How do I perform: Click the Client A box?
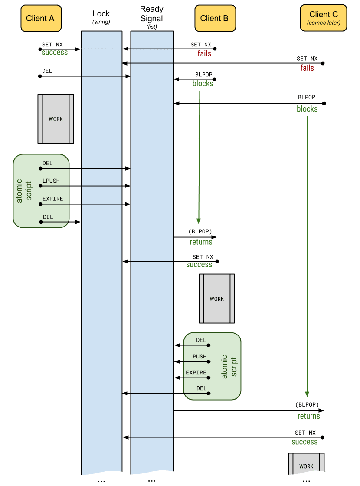coord(40,18)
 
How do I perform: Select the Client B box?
coord(215,18)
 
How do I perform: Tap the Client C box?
coord(323,18)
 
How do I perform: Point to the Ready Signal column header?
coord(152,17)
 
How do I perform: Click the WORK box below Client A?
coord(56,119)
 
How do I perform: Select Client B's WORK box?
coord(216,299)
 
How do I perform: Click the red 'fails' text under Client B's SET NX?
coord(205,53)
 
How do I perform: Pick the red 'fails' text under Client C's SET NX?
coord(307,68)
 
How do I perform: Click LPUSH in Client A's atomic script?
coord(51,181)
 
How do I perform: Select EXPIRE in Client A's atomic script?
coord(52,199)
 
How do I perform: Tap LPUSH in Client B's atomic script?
coord(198,356)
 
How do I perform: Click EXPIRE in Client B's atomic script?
coord(196,372)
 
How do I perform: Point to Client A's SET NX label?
coord(52,45)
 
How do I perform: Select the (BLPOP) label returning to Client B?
coord(200,231)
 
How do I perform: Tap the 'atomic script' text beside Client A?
coord(25,191)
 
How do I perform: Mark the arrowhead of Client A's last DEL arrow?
coord(79,222)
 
